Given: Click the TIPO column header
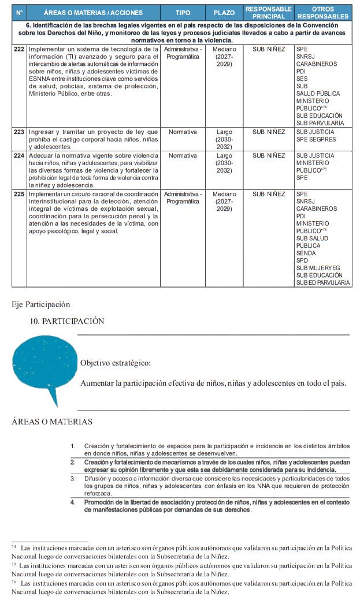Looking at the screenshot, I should click(x=183, y=13).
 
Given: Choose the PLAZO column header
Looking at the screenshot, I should click(x=224, y=13).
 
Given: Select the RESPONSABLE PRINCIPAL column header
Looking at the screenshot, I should click(x=269, y=13).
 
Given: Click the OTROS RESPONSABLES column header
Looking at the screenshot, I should click(x=322, y=13).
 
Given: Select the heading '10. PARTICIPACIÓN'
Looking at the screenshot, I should click(x=67, y=321).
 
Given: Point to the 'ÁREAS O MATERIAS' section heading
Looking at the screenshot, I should click(x=52, y=422).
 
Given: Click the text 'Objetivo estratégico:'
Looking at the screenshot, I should click(x=115, y=363).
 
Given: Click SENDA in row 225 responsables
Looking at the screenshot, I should click(x=306, y=253).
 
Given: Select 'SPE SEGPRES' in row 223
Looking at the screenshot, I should click(x=316, y=140).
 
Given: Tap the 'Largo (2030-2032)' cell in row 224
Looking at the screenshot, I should click(x=224, y=163).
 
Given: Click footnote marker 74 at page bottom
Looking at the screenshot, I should click(x=13, y=546).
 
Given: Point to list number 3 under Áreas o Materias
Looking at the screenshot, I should click(x=73, y=479).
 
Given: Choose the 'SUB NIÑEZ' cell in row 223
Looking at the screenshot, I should click(x=269, y=132).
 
